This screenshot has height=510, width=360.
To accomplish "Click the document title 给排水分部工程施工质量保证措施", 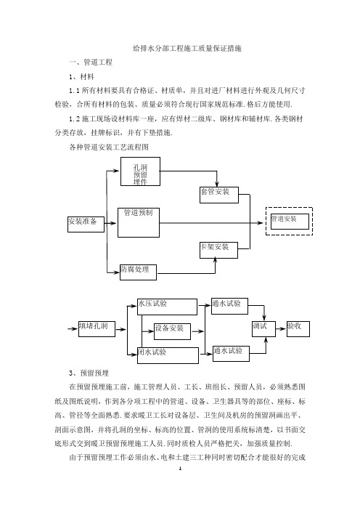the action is tap(187, 49).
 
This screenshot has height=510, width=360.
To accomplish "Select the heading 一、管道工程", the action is tap(91, 62).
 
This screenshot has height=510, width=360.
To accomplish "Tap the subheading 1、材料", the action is tap(81, 77).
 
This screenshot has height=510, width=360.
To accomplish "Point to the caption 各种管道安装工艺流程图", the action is tap(109, 147).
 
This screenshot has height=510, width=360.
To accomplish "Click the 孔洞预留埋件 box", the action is tap(140, 171).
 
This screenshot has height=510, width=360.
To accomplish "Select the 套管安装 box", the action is tap(219, 195).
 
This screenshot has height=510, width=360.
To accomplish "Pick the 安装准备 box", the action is tap(86, 224).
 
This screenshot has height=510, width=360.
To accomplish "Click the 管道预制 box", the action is tap(139, 222).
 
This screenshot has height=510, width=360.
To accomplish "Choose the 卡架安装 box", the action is tap(218, 250).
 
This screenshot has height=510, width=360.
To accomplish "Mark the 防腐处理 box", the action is tap(138, 272).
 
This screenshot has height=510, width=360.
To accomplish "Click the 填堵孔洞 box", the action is tap(97, 329).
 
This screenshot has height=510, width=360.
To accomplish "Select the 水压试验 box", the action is tap(167, 307).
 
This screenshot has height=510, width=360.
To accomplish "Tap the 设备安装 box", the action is tap(172, 331).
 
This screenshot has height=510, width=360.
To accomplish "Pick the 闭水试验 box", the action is tap(168, 355).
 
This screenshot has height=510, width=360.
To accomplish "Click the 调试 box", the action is tap(263, 329).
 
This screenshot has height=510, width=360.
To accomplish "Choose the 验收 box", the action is tap(298, 329).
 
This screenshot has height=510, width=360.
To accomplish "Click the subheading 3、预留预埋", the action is tap(89, 373).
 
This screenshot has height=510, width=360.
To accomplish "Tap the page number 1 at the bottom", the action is tap(180, 469).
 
